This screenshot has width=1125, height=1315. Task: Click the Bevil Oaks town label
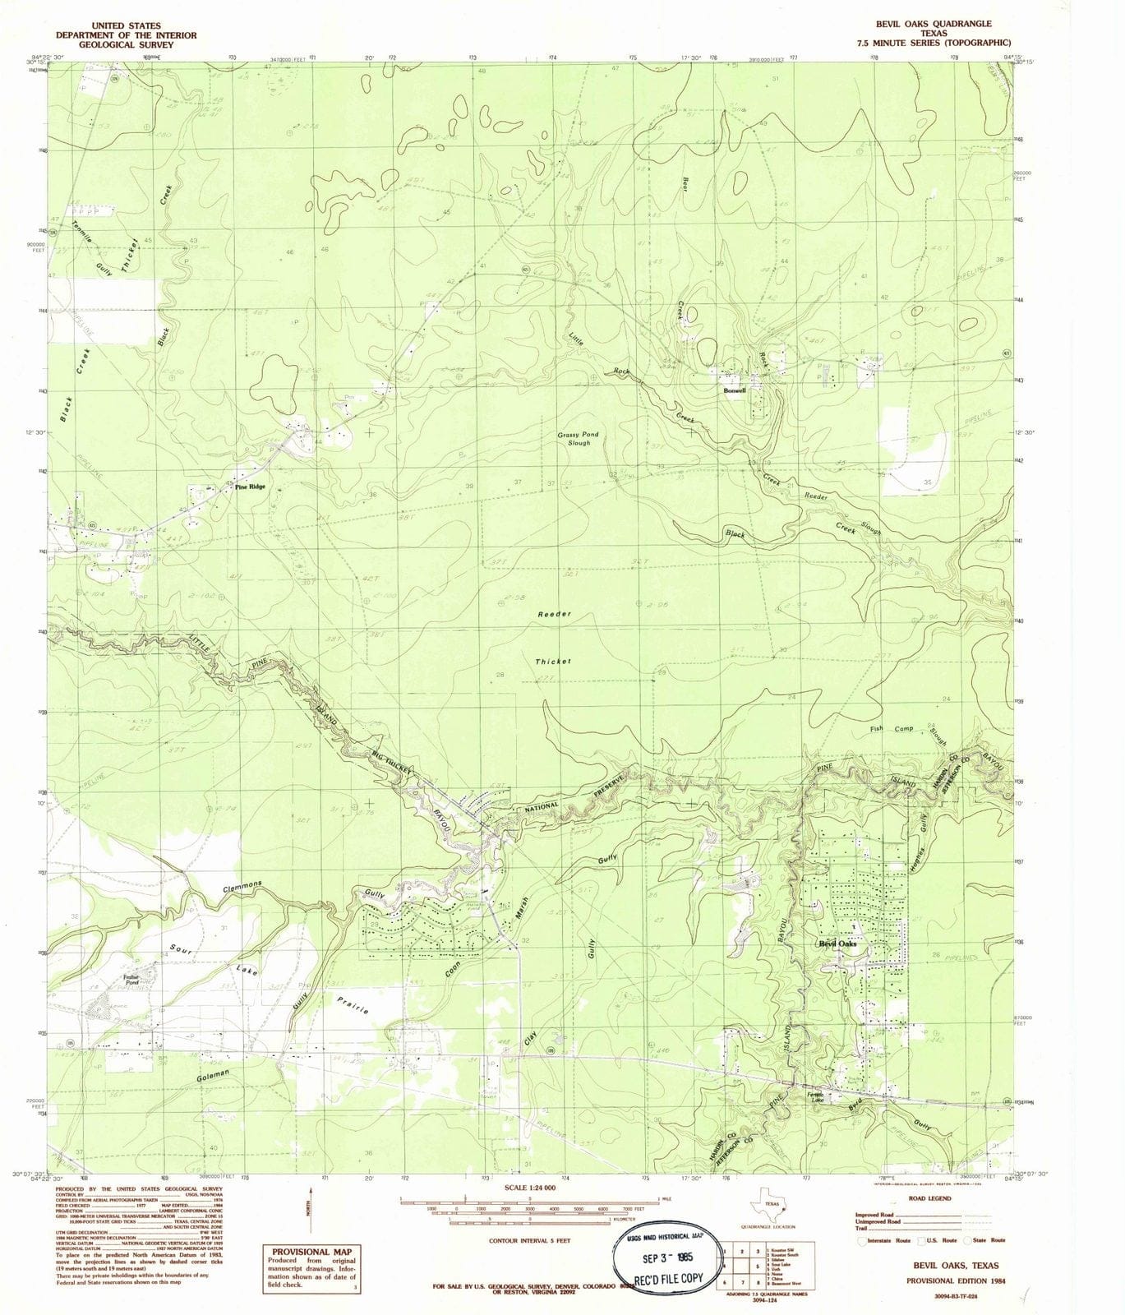click(x=837, y=944)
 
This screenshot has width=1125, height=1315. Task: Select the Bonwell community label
click(x=734, y=391)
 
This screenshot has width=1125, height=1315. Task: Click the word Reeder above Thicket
click(x=554, y=614)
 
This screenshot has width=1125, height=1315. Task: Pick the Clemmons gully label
click(x=242, y=888)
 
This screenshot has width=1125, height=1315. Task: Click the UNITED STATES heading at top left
click(x=126, y=26)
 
